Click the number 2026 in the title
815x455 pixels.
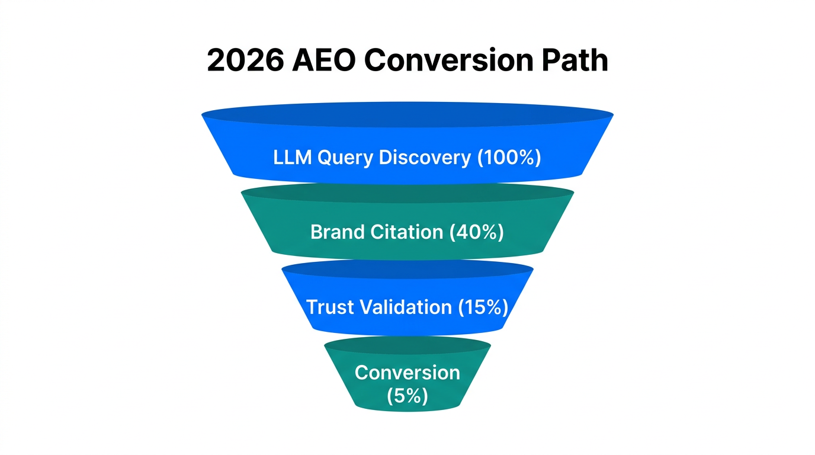tap(244, 60)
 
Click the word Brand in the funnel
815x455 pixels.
tap(338, 232)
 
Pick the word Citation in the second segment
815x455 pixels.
tap(407, 232)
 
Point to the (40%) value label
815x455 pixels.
tap(476, 232)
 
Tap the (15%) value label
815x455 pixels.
tap(483, 307)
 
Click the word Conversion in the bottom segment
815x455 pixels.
tap(407, 373)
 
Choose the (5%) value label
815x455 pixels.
tap(407, 395)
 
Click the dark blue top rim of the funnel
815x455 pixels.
tap(407, 114)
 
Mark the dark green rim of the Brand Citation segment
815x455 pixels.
tap(407, 193)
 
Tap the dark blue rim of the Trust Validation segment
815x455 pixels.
tap(407, 269)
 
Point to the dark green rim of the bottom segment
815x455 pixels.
tap(407, 345)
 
